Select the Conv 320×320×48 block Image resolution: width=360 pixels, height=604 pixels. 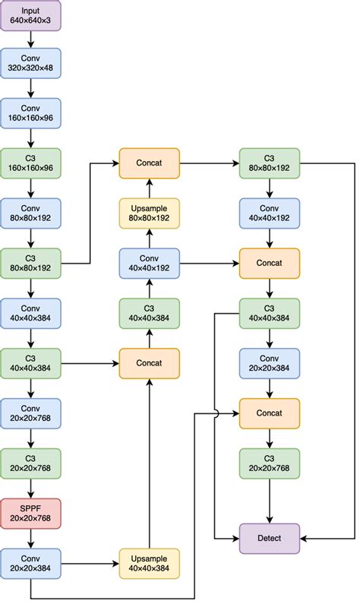(x=30, y=65)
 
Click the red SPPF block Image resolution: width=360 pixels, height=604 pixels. (x=30, y=513)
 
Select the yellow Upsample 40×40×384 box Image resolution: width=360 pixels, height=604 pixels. (x=149, y=563)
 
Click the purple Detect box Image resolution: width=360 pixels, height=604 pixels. (x=270, y=538)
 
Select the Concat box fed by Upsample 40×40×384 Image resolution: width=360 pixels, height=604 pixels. (x=149, y=362)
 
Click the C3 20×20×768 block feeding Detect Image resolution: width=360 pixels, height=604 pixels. (x=270, y=463)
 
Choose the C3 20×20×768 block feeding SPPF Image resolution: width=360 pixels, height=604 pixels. (x=30, y=463)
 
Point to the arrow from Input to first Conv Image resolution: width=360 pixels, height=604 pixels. (x=30, y=40)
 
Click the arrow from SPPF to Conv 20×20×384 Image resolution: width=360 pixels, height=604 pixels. (x=30, y=538)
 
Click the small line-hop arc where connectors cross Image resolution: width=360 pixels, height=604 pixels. (x=216, y=413)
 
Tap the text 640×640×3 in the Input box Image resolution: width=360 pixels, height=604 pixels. (x=30, y=21)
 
